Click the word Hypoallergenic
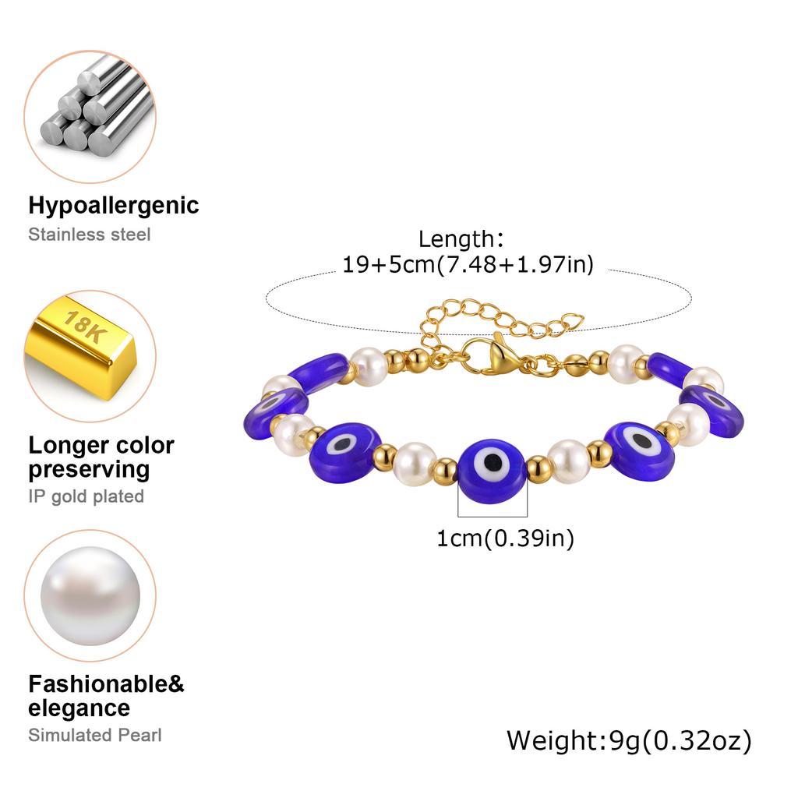pos(114,206)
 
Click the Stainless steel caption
pos(90,235)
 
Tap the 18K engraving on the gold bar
pos(85,327)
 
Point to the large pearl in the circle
pos(90,596)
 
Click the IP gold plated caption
pos(87,496)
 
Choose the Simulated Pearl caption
pos(95,735)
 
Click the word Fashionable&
pos(106,684)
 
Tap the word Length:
pos(461,239)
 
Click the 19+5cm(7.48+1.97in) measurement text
pos(468,265)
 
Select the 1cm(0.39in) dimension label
pos(505,538)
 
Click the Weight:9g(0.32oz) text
pos(629,740)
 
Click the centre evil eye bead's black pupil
pos(493,463)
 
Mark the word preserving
pos(89,470)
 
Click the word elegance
pos(79,708)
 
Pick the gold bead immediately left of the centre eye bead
pos(445,471)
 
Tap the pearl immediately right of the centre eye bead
pos(569,461)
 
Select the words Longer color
pos(101,445)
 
